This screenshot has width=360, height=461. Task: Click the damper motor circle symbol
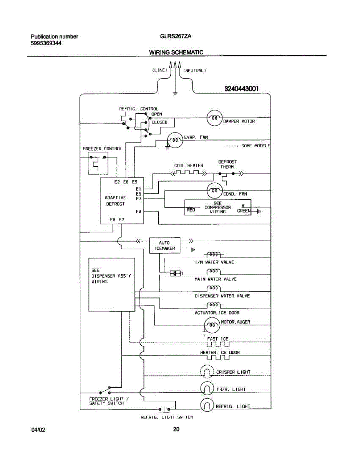pos(214,118)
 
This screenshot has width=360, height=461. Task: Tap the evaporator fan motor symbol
pos(175,140)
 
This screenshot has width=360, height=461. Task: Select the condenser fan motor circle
pos(214,191)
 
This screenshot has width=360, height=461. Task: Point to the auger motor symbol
pos(212,325)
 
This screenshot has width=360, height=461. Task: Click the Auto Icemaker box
pos(164,245)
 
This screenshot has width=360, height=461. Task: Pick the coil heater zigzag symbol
pos(189,173)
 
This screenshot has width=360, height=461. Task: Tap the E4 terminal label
pos(138,212)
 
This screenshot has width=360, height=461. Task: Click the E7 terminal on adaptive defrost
pos(121,220)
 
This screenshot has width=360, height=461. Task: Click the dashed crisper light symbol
pos(207,371)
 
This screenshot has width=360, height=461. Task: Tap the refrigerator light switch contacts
pos(164,409)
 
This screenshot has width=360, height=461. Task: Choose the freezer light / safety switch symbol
pos(105,390)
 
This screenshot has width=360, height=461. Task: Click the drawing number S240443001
pos(242,88)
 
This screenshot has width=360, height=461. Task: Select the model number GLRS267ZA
pos(176,36)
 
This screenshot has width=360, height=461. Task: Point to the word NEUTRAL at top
pos(194,71)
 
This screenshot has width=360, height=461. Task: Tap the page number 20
pos(176,429)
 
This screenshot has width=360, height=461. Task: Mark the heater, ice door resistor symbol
pos(218,358)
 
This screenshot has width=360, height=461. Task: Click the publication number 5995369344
pos(46,43)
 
